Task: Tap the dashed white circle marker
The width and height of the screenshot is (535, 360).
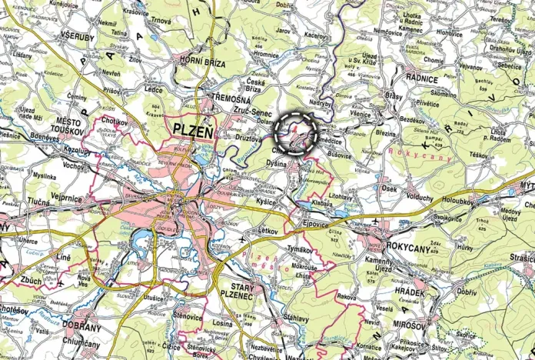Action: (296, 134)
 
